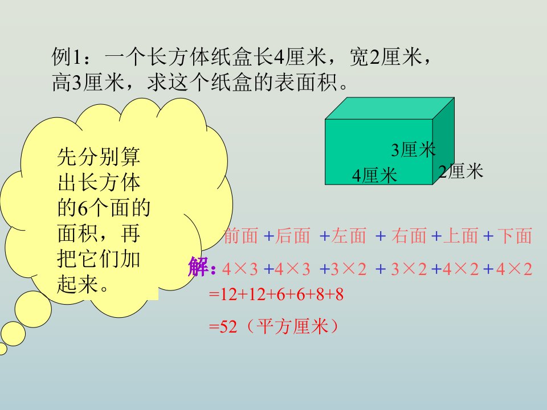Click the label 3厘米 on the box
coord(413,150)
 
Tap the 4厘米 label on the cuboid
coord(375,175)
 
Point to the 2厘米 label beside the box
coord(461,171)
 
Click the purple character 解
coord(198,267)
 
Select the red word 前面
coord(240,236)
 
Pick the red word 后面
coord(293,236)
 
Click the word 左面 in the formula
coord(349,236)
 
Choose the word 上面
coord(460,236)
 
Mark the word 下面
coord(515,236)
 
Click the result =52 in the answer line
coord(223,327)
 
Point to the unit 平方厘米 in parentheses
coord(293,327)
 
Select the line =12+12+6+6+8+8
coord(276,294)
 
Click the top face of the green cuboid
coord(390,108)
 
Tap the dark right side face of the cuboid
coord(444,141)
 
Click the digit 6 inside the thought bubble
coord(82,209)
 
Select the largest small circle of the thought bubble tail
coord(33,309)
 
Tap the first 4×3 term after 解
coord(240,269)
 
